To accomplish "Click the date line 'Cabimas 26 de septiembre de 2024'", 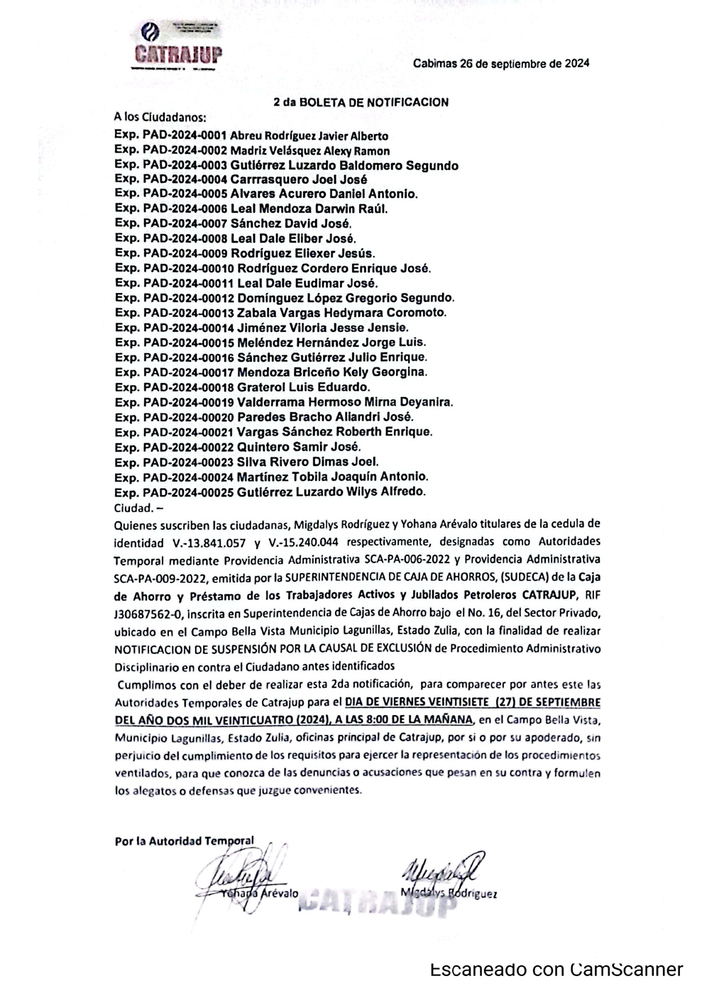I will tap(501, 63).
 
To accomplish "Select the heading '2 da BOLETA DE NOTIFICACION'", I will tap(361, 102).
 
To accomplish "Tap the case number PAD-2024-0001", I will tap(185, 135).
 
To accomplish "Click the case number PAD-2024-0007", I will tap(185, 224).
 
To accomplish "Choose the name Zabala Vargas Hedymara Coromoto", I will tap(342, 313).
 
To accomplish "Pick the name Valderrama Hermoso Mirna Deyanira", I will tap(344, 402).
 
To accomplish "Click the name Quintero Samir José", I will tap(299, 447).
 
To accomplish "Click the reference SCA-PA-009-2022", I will tap(153, 577).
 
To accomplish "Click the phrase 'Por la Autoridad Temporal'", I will tap(184, 841).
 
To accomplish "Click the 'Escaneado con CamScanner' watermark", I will tap(556, 970).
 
